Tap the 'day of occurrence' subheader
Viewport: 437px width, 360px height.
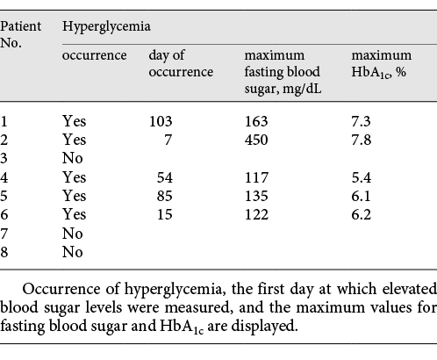click(180, 64)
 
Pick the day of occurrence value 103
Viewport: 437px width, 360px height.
click(161, 120)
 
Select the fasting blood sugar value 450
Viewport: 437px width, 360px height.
click(256, 139)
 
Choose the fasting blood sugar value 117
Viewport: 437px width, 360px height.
click(256, 176)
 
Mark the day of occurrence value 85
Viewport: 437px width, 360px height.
click(165, 195)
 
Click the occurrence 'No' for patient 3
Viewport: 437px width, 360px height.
click(72, 158)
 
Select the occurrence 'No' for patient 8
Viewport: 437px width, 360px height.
click(72, 251)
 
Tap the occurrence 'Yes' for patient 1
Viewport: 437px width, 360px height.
click(74, 120)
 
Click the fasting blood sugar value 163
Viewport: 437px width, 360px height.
click(256, 120)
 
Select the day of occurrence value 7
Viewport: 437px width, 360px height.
click(168, 139)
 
